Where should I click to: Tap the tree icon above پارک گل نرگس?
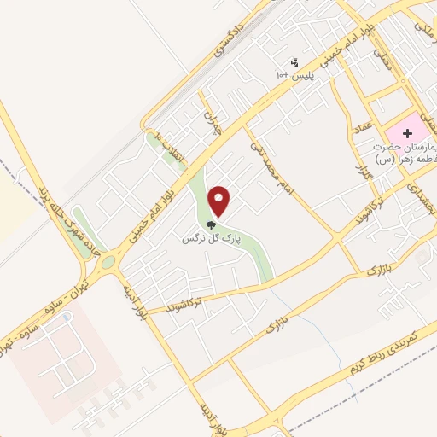(x=210, y=226)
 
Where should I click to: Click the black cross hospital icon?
(x=407, y=133)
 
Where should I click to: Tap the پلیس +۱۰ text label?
(x=295, y=76)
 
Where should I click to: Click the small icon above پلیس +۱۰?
(x=294, y=62)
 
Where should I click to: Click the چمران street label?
(x=213, y=120)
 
